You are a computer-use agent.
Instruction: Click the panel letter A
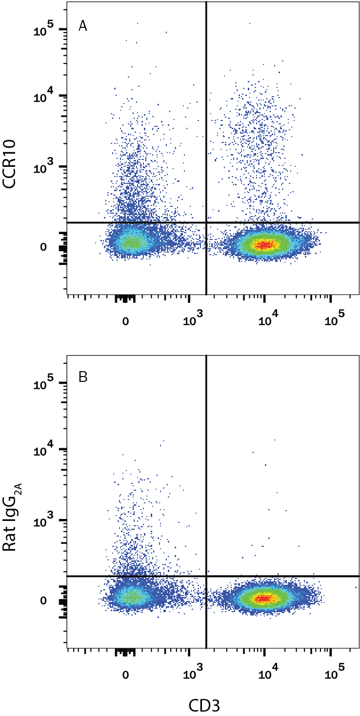[x=83, y=27]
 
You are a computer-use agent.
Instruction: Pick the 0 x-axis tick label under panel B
[x=125, y=675]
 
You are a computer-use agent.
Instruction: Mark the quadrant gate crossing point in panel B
[x=207, y=576]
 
